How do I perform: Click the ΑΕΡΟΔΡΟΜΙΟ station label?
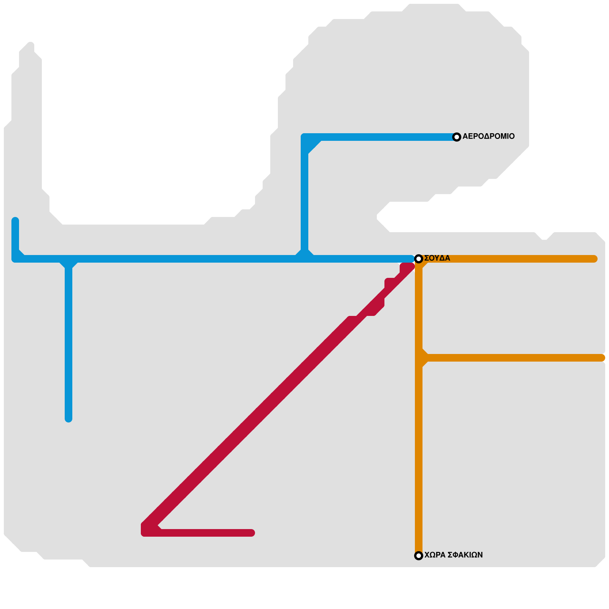click(488, 136)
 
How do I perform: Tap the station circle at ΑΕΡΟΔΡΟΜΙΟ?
click(457, 137)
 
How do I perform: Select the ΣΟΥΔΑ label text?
click(437, 258)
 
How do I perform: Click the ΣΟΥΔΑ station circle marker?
click(419, 259)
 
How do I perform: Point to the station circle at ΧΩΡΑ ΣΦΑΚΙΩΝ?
click(419, 556)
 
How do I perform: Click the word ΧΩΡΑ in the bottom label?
click(435, 555)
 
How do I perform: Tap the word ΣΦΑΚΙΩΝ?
click(465, 555)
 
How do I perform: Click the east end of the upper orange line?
click(594, 259)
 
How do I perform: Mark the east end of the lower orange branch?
click(601, 358)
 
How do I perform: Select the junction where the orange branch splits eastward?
click(419, 358)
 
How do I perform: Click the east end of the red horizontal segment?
click(251, 533)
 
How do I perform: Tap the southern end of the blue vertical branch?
click(69, 419)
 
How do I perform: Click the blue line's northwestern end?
click(15, 221)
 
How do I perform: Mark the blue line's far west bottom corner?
click(15, 259)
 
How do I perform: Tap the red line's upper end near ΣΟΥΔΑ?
click(410, 266)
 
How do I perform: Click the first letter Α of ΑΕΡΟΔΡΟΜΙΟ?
click(465, 136)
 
